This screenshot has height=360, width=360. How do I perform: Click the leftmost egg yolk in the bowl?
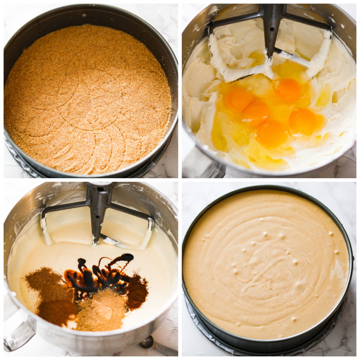click(238, 99)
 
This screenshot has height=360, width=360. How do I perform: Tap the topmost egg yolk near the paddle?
click(288, 89)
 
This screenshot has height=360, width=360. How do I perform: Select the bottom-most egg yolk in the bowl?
click(271, 134)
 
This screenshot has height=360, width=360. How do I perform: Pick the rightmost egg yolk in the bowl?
click(302, 121)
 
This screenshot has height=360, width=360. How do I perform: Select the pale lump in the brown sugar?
click(103, 311)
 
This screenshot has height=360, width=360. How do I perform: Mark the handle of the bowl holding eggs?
click(202, 164)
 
